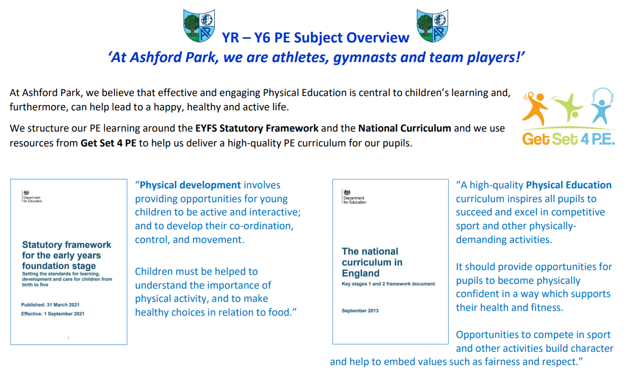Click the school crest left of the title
pos(199,25)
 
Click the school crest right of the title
pos(432,25)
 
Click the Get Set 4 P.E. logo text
pos(568,139)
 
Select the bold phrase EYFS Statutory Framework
pos(257,128)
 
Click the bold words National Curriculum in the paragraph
pos(405,128)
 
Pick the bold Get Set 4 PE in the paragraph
pos(109,143)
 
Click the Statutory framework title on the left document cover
pos(67,255)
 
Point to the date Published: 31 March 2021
pos(50,305)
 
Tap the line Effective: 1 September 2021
pos(52,314)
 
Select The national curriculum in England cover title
pos(372,262)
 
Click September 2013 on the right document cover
pos(360,311)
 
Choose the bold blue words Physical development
pos(190,185)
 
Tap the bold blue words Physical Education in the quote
pos(568,185)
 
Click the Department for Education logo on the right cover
pos(354,196)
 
